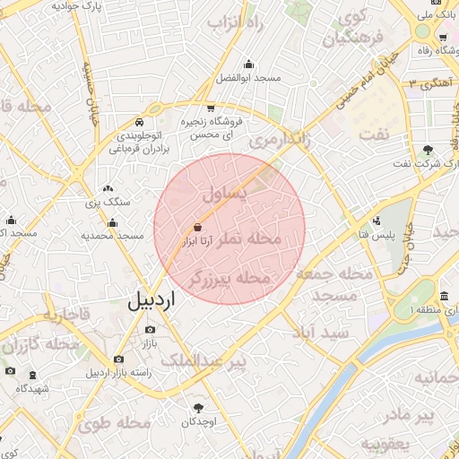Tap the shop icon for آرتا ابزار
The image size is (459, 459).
tap(198, 229)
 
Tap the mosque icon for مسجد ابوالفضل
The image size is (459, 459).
tap(248, 65)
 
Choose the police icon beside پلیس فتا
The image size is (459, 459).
tap(377, 221)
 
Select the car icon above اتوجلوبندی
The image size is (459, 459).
tap(139, 122)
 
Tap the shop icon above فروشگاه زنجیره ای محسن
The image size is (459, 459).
tap(210, 106)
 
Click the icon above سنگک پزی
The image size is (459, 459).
tap(108, 189)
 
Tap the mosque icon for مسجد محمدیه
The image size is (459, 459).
tap(113, 221)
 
